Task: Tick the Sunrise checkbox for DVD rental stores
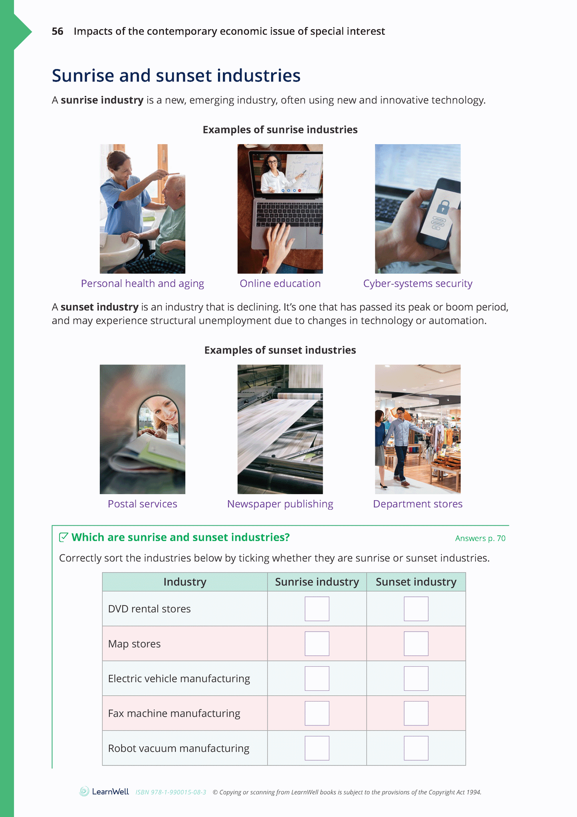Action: pos(317,608)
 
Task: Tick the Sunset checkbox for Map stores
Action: pos(416,643)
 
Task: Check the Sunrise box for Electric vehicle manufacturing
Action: pos(317,678)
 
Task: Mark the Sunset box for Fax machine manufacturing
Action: pos(416,713)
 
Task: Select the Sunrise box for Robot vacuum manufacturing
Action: pos(317,748)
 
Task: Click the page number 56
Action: pos(58,31)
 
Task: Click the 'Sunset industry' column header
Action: pos(416,582)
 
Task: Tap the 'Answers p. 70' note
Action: pos(480,538)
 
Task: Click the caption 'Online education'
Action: pos(280,283)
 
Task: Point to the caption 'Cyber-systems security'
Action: pos(418,283)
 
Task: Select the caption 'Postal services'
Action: pos(142,504)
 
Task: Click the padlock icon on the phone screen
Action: pos(443,206)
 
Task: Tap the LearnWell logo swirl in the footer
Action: pos(84,791)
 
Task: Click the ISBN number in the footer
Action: pos(171,792)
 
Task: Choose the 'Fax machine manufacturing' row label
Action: pos(174,713)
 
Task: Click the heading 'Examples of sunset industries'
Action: pos(280,350)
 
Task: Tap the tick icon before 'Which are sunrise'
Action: pos(63,537)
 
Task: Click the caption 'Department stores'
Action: pos(418,504)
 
